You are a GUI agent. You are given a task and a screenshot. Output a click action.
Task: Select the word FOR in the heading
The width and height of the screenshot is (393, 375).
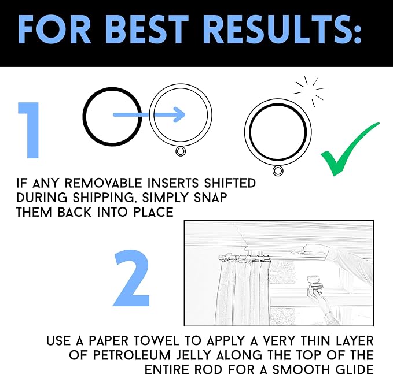54,29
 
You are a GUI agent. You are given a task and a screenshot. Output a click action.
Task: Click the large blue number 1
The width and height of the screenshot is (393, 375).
29,130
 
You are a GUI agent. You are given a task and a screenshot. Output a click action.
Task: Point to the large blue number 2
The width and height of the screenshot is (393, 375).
131,278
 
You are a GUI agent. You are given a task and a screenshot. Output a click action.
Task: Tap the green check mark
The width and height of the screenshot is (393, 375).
350,149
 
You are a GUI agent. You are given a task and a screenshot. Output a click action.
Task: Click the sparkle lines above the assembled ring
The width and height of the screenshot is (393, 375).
309,91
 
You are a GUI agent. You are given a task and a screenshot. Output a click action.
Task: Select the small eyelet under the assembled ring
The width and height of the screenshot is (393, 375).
278,171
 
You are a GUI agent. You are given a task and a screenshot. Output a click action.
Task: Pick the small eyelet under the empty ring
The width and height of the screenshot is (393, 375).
181,151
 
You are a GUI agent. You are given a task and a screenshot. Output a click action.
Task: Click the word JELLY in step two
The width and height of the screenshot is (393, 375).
190,355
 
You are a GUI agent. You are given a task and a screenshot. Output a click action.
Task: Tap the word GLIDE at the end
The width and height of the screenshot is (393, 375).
352,369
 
